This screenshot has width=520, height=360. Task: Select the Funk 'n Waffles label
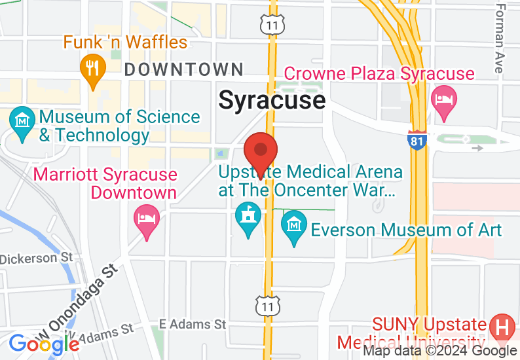125,43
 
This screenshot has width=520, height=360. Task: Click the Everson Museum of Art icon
294,225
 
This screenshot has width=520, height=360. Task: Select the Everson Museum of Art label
406,230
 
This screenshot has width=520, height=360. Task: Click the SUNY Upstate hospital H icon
502,327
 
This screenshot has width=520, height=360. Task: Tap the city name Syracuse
272,100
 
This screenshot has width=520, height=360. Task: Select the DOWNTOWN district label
183,69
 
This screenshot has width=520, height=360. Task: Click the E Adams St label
193,324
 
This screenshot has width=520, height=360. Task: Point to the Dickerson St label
37,258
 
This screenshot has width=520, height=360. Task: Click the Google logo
44,344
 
